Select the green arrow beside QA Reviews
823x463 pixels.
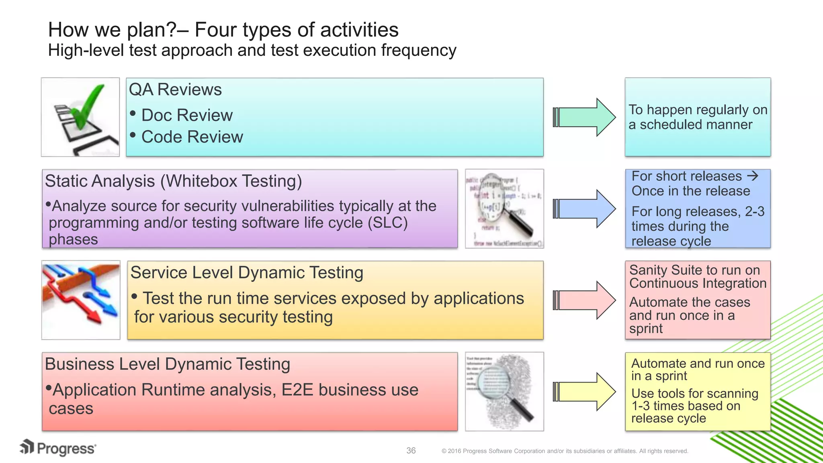[x=585, y=117]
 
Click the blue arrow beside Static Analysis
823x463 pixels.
[x=585, y=209]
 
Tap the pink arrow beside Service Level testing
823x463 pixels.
[x=585, y=300]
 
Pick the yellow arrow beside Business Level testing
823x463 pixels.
[x=585, y=392]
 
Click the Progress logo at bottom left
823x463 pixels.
[x=59, y=448]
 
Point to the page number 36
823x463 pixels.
[x=411, y=451]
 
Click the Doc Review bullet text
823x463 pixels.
[x=187, y=115]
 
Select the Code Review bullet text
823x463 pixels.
[x=192, y=137]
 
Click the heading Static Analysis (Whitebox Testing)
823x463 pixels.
[x=173, y=181]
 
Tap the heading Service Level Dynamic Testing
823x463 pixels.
[x=247, y=272]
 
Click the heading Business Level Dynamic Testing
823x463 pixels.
[x=167, y=364]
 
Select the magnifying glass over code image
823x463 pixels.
[x=504, y=209]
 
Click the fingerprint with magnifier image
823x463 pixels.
[x=504, y=392]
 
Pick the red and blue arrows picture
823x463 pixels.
[x=81, y=300]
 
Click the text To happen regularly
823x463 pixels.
[x=698, y=110]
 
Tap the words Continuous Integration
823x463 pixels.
[x=698, y=283]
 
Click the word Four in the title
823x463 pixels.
[x=214, y=30]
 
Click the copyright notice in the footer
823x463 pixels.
[x=565, y=451]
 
